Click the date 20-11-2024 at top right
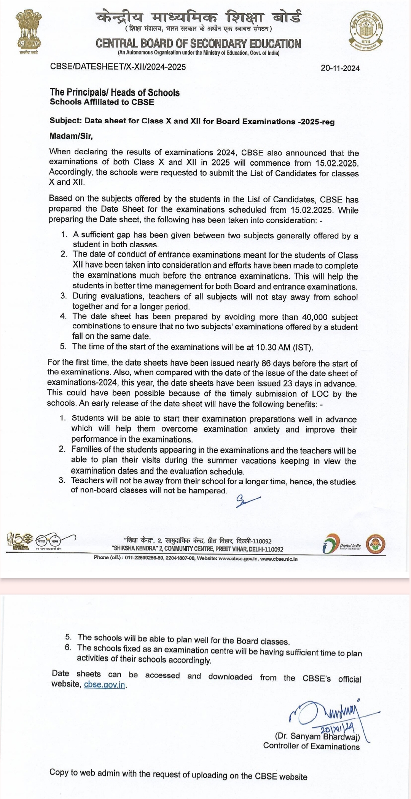(340, 68)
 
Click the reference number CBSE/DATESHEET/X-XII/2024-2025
(118, 67)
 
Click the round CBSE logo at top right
(366, 30)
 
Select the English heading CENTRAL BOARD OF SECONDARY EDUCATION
(198, 44)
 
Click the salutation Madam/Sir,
(71, 136)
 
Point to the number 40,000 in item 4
(315, 317)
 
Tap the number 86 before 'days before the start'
(266, 363)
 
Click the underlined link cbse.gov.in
(104, 685)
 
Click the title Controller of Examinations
(311, 747)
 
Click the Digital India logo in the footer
(341, 545)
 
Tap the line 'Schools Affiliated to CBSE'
(102, 102)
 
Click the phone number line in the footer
(196, 558)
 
